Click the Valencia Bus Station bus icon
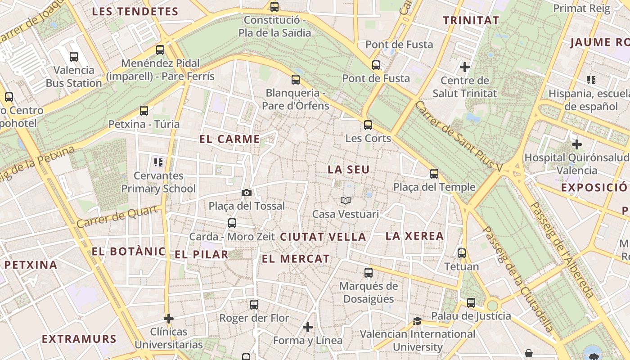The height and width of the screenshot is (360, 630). pyautogui.click(x=74, y=57)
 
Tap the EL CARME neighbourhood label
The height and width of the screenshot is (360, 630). pyautogui.click(x=229, y=139)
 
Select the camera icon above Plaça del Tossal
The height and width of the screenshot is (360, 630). pyautogui.click(x=247, y=193)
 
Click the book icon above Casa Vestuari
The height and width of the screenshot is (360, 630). pyautogui.click(x=346, y=200)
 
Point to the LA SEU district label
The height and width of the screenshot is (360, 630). pyautogui.click(x=349, y=170)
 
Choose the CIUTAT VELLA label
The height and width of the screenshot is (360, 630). pyautogui.click(x=323, y=237)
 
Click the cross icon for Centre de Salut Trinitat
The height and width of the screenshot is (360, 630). pyautogui.click(x=465, y=67)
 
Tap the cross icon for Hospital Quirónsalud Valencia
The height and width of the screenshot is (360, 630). pyautogui.click(x=577, y=144)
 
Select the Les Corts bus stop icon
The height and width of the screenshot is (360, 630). pyautogui.click(x=368, y=125)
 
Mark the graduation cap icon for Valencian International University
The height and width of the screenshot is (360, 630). pyautogui.click(x=418, y=321)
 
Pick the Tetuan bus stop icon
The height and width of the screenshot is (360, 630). pyautogui.click(x=462, y=253)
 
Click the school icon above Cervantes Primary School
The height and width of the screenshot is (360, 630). pyautogui.click(x=158, y=162)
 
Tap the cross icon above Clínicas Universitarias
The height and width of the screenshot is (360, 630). pyautogui.click(x=169, y=319)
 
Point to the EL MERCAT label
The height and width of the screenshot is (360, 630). pyautogui.click(x=296, y=259)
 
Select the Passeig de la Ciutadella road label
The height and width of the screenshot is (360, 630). pyautogui.click(x=517, y=279)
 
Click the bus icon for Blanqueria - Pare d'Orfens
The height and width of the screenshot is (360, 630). pyautogui.click(x=296, y=80)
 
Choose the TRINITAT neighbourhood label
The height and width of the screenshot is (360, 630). pyautogui.click(x=471, y=20)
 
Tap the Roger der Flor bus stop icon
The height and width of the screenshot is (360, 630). pyautogui.click(x=254, y=305)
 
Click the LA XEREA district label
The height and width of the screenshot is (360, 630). pyautogui.click(x=415, y=236)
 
